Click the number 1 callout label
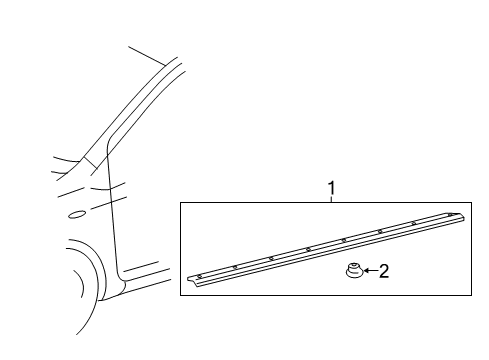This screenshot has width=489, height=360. tap(331, 188)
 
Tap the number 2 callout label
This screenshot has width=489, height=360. tap(382, 270)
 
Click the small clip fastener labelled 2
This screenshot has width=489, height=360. tap(353, 271)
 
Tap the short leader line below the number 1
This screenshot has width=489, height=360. tap(331, 199)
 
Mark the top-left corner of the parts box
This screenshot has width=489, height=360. tap(181, 203)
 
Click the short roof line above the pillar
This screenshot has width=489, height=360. tap(147, 54)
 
